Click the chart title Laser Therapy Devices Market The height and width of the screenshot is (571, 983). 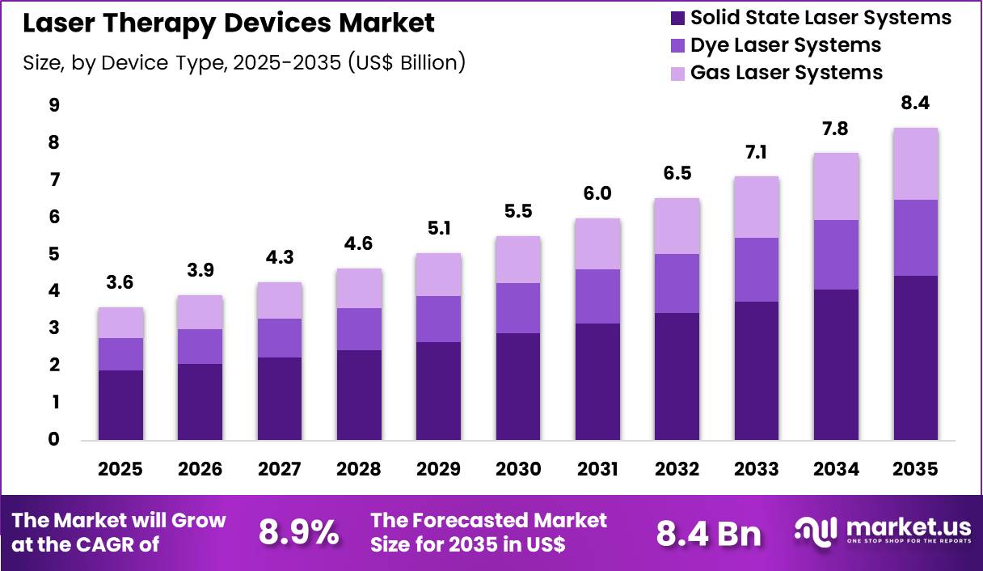229,23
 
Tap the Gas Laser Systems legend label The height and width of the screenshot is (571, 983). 786,72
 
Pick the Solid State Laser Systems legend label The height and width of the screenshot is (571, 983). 821,17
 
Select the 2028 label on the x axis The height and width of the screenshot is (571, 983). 358,469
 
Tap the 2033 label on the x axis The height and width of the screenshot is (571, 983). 756,469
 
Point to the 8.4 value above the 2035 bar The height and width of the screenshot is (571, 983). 915,104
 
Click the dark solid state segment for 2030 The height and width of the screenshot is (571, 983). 518,387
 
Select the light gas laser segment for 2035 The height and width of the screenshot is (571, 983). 915,163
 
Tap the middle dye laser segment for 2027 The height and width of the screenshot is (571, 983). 279,338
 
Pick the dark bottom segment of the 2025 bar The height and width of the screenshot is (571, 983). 120,405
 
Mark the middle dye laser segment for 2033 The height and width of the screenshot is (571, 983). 756,269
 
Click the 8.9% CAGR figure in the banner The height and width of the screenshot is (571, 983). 298,532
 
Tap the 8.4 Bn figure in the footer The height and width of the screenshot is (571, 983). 708,533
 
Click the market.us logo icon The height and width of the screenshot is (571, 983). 816,531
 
